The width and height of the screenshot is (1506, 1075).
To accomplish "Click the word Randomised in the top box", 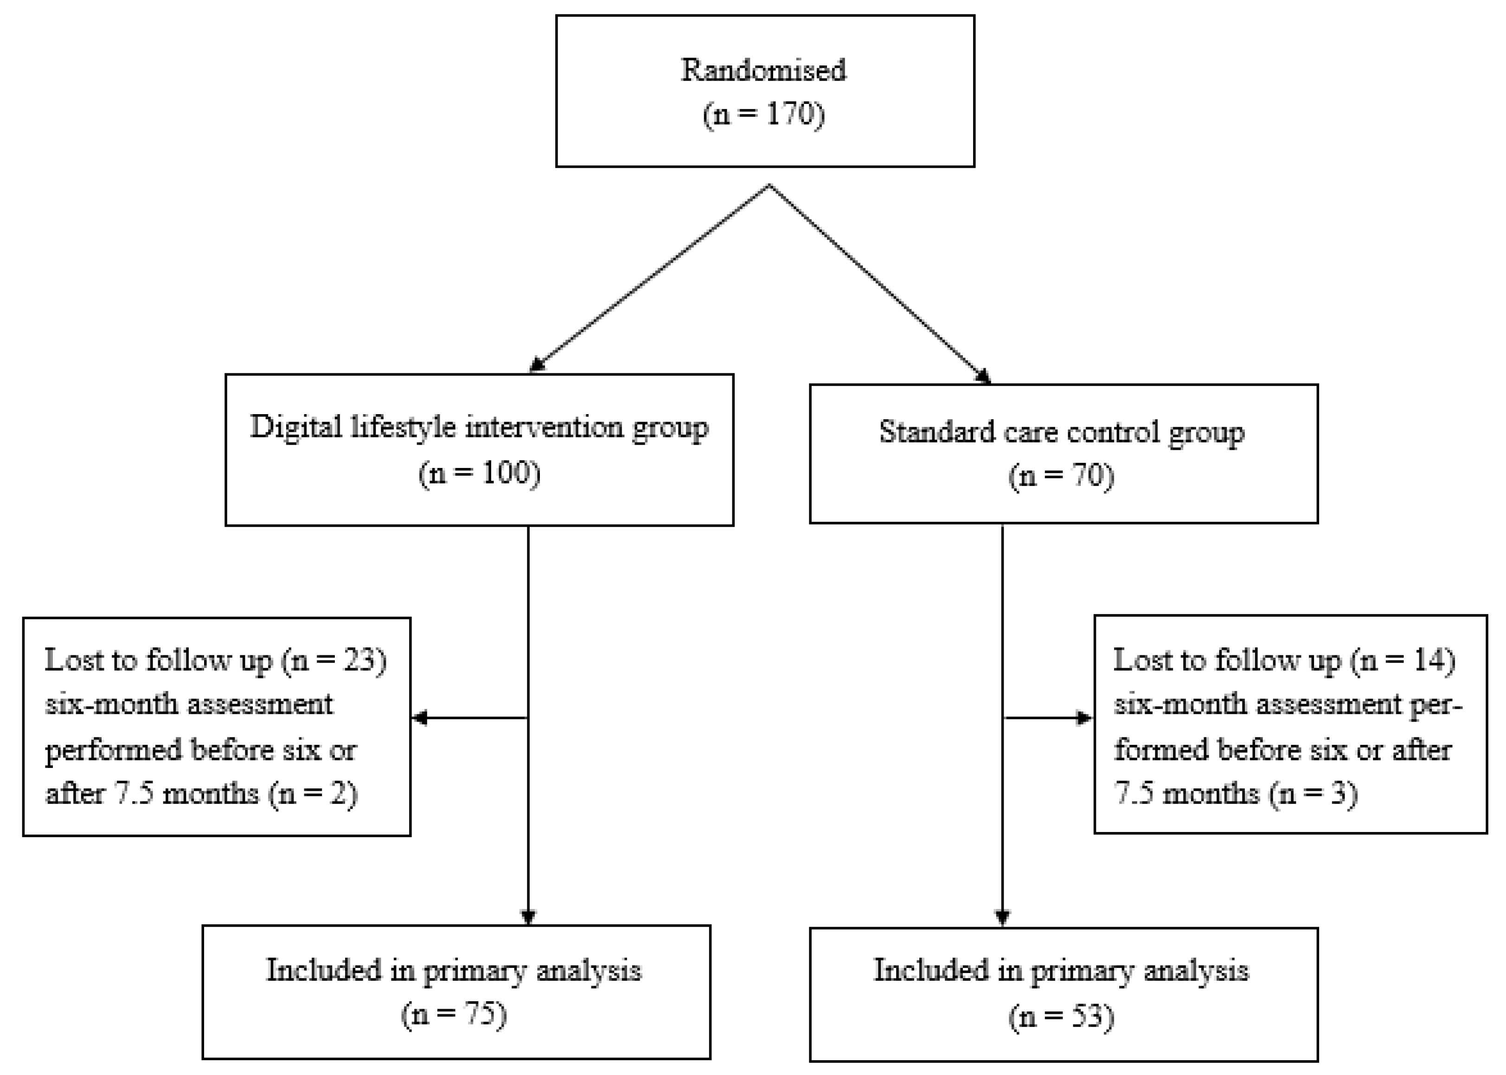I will (763, 70).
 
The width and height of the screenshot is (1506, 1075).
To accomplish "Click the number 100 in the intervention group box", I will (506, 473).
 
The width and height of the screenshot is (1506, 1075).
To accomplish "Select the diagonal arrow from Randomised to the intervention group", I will (649, 278).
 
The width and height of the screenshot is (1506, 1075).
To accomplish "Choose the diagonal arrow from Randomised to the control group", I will (880, 285).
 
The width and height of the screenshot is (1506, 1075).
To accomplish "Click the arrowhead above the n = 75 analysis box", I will (528, 917).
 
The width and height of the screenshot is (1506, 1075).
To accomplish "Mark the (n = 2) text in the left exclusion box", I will (313, 793).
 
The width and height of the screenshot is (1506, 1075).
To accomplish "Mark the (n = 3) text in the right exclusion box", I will (1314, 793).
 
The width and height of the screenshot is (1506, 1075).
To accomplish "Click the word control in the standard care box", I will (1112, 432).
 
